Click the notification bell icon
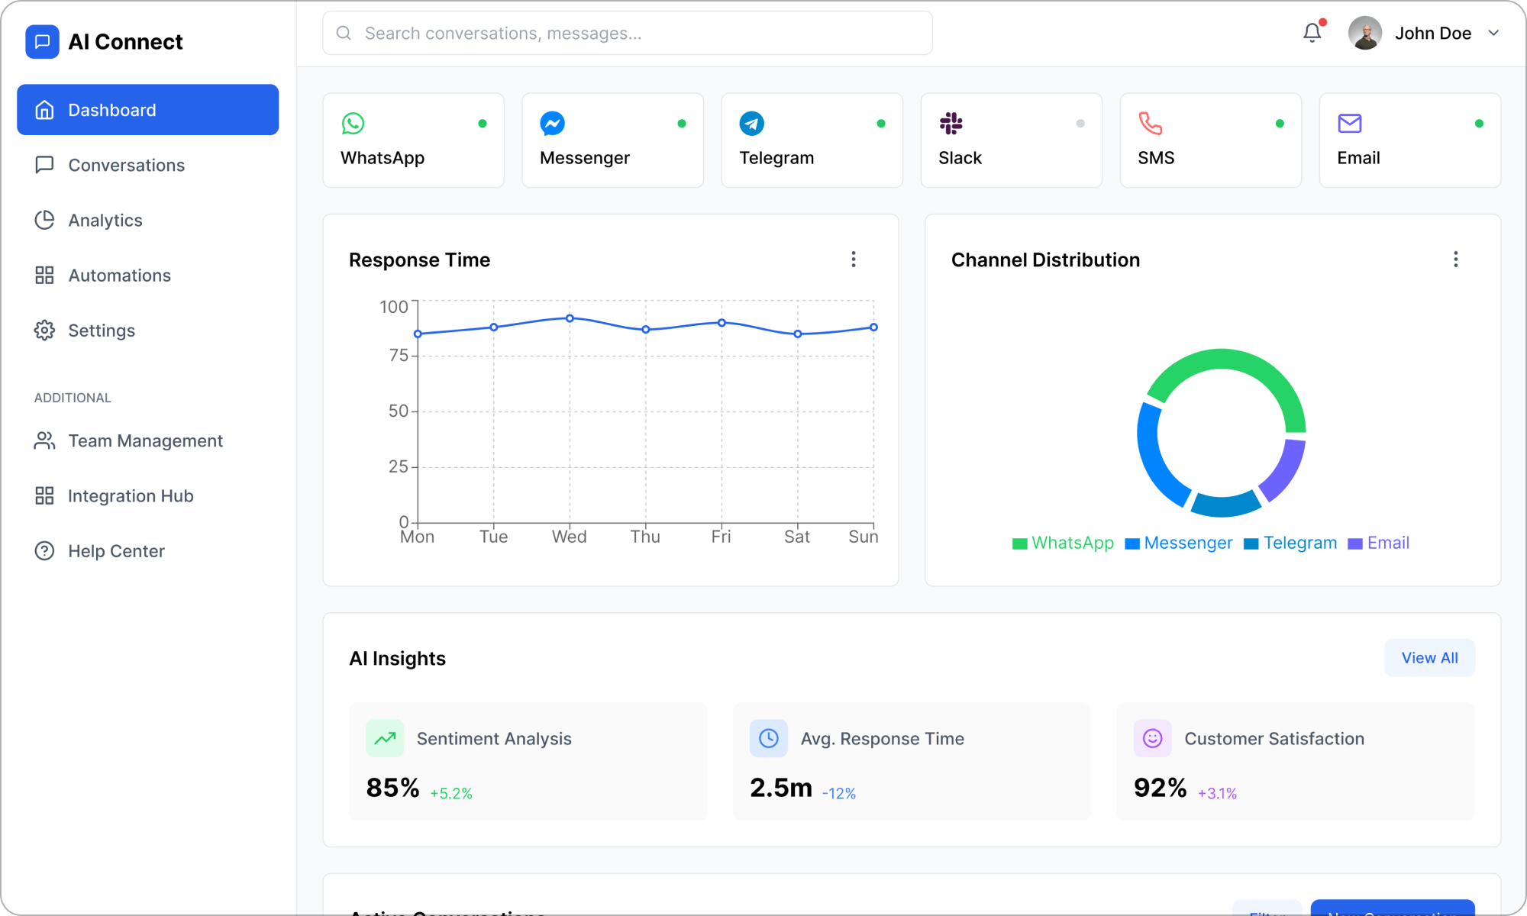point(1312,33)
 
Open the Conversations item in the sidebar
point(126,165)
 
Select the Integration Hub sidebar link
point(130,496)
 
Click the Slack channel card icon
point(951,123)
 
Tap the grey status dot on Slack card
point(1080,124)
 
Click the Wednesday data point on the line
point(570,318)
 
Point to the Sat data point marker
point(798,334)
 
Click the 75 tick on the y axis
point(399,355)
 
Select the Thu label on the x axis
point(645,537)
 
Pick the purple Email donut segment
point(1285,469)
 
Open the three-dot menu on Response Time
point(854,260)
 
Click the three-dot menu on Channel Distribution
point(1456,260)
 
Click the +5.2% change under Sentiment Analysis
point(451,794)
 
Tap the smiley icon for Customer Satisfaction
point(1152,738)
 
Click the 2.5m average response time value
point(781,788)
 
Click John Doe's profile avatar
point(1365,33)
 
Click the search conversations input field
point(628,33)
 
